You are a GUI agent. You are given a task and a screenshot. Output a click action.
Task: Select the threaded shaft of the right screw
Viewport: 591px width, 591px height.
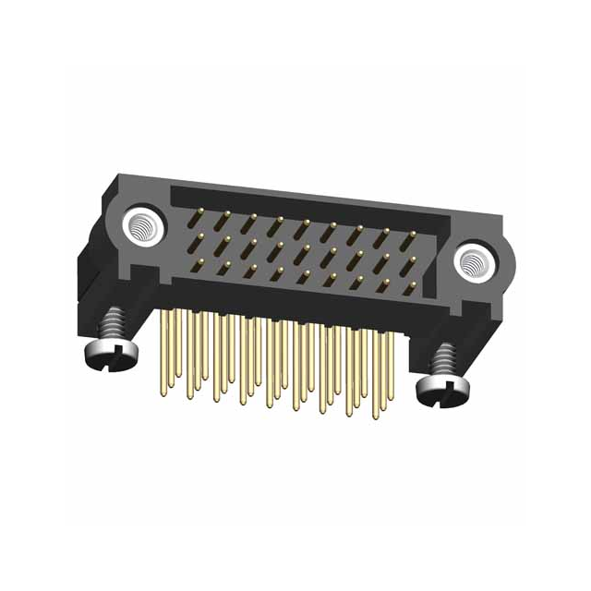[446, 360]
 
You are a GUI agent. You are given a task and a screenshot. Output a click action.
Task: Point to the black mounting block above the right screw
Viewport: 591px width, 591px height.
[462, 314]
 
